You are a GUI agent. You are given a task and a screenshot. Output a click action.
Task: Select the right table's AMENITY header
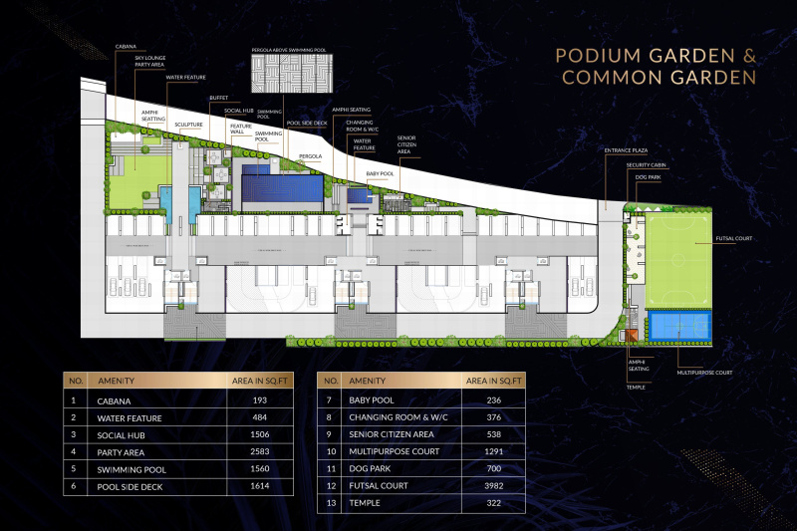[368, 381]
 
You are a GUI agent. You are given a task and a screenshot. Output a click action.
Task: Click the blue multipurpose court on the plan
[678, 325]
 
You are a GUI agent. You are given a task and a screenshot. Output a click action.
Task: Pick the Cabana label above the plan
[126, 45]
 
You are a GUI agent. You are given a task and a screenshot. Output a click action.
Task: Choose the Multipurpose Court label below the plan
[704, 373]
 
